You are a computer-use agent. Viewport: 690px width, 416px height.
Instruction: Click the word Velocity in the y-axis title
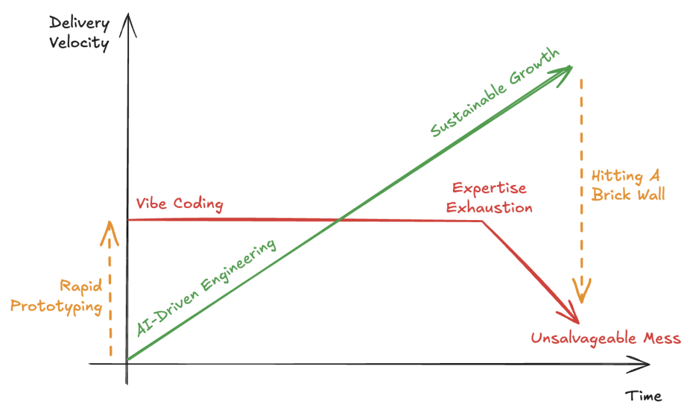click(x=79, y=43)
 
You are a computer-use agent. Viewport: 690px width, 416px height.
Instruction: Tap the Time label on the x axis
click(x=643, y=396)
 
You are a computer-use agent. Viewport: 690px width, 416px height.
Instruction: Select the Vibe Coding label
click(x=180, y=204)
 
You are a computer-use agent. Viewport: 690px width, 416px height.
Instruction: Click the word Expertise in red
click(x=489, y=189)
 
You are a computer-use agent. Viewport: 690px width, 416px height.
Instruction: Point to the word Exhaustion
click(x=489, y=207)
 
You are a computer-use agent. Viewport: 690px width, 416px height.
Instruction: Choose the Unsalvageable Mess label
click(x=606, y=338)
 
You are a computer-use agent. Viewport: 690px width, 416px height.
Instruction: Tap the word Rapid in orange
click(x=81, y=286)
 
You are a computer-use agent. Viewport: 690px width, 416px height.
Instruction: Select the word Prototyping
click(x=57, y=306)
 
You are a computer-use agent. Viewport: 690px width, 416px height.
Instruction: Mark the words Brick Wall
click(x=628, y=194)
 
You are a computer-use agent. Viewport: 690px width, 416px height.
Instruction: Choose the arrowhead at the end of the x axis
click(x=645, y=365)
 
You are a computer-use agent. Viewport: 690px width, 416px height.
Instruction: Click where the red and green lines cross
click(x=339, y=221)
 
